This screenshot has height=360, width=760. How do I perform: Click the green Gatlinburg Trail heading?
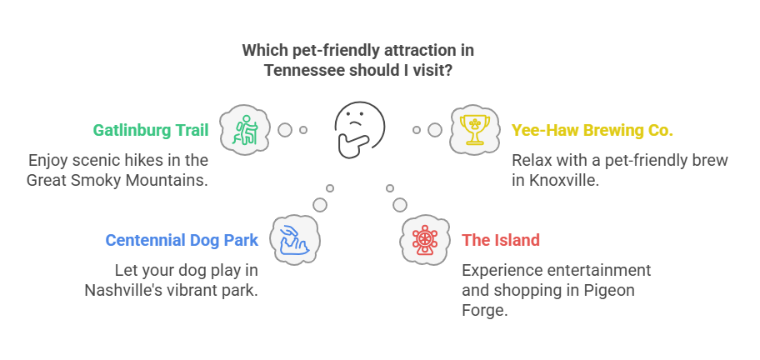tap(151, 130)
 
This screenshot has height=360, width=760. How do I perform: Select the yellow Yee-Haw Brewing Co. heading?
tap(592, 130)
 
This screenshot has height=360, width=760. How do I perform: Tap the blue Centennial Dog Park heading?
tap(182, 240)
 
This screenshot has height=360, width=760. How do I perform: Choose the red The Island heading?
tap(501, 240)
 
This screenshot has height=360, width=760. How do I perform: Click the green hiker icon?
tap(245, 130)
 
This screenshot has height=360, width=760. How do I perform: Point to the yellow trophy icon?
tap(474, 130)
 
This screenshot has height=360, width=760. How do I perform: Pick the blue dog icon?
tap(294, 240)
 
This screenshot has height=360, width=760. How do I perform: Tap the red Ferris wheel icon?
tap(425, 240)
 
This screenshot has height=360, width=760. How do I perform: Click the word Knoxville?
tap(562, 180)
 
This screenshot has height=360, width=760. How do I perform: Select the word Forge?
tap(485, 311)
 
